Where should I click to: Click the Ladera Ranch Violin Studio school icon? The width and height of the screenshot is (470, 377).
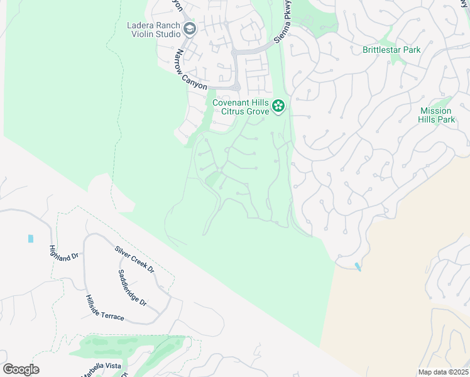190,29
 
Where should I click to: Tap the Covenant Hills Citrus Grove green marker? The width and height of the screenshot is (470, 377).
278,107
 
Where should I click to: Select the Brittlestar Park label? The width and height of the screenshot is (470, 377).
391,50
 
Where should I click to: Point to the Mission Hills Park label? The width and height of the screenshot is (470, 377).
437,115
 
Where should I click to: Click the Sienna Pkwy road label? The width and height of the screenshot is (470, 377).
284,30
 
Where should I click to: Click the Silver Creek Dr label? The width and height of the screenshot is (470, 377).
134,259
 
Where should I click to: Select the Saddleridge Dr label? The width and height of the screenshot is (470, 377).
133,288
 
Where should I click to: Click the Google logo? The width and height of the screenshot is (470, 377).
21,369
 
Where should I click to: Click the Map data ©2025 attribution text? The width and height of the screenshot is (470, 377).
442,372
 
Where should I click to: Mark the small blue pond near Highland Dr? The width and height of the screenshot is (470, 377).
30,239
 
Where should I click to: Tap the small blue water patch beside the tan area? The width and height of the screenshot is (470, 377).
358,266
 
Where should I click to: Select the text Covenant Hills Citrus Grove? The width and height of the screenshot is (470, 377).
241,107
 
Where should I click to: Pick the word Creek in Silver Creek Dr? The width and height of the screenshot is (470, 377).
134,259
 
